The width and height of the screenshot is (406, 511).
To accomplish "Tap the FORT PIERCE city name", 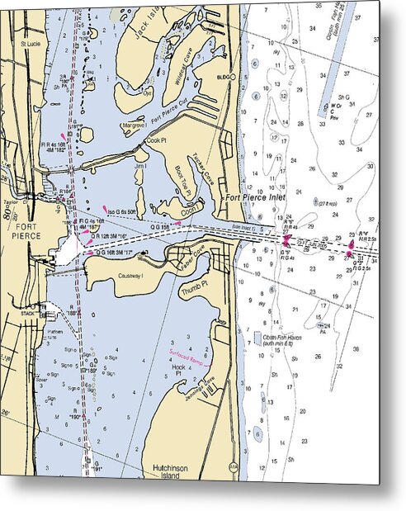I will (26, 231).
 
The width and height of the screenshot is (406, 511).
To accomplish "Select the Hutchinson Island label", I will (172, 471).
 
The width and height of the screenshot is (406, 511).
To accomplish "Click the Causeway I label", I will (131, 277).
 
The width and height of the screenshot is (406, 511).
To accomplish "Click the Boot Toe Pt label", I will (182, 179).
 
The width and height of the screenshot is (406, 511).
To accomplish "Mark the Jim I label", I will (141, 166).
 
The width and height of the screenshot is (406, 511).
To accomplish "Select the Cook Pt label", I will (156, 140).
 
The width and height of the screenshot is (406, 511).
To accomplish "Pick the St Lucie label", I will (30, 43).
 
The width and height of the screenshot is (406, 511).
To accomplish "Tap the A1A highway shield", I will (233, 466).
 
